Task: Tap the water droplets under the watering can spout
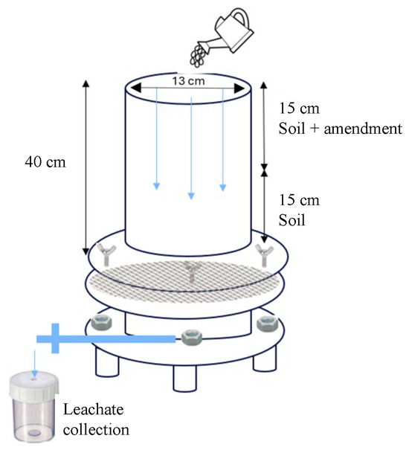tap(198, 56)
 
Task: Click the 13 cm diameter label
tap(189, 81)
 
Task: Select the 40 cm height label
tap(45, 162)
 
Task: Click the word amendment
tap(363, 128)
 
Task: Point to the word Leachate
tap(93, 409)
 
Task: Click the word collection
tap(96, 430)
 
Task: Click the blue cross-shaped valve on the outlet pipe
tap(55, 338)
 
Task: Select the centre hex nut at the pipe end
tap(191, 338)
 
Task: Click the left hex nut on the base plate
tap(101, 323)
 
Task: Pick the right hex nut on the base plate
tap(267, 324)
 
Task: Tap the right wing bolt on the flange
tap(264, 254)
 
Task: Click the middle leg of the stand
tap(185, 378)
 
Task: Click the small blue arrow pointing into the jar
tap(35, 363)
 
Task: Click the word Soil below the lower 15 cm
tap(292, 220)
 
